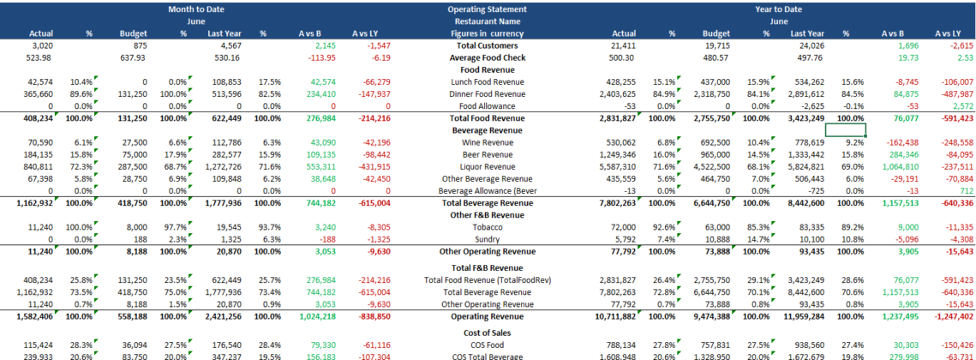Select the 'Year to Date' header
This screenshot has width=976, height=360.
click(x=778, y=8)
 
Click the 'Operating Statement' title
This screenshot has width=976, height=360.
click(x=487, y=8)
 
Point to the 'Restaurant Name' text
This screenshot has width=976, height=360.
click(x=487, y=21)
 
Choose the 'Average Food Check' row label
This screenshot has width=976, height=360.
click(x=487, y=57)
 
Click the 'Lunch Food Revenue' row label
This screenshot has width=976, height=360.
click(x=487, y=81)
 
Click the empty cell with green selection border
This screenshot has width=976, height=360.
click(x=844, y=129)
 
